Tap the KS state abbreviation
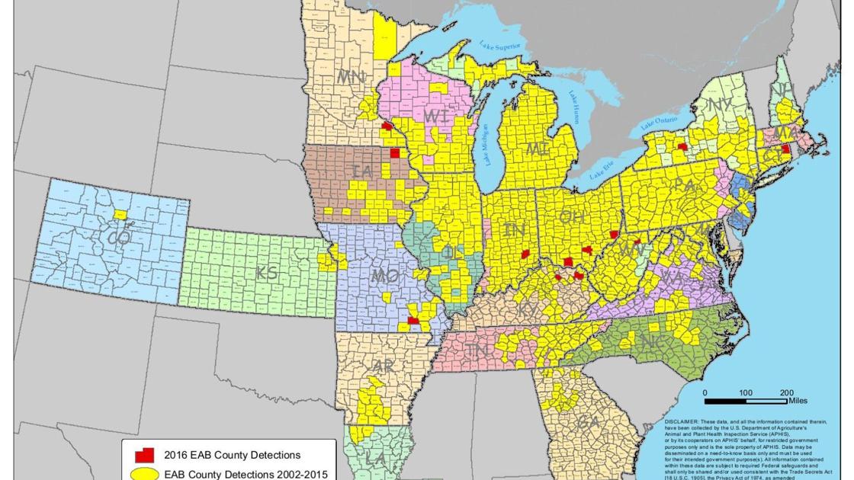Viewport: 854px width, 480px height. [x=266, y=273]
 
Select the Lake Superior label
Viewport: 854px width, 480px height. [x=499, y=46]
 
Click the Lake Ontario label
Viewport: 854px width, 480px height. [x=658, y=122]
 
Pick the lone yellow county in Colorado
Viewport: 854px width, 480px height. [x=120, y=215]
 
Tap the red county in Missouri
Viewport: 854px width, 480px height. [x=413, y=320]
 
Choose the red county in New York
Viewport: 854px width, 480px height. [x=682, y=146]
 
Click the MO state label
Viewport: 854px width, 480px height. [x=385, y=276]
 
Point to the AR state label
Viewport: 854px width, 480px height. [x=384, y=366]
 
